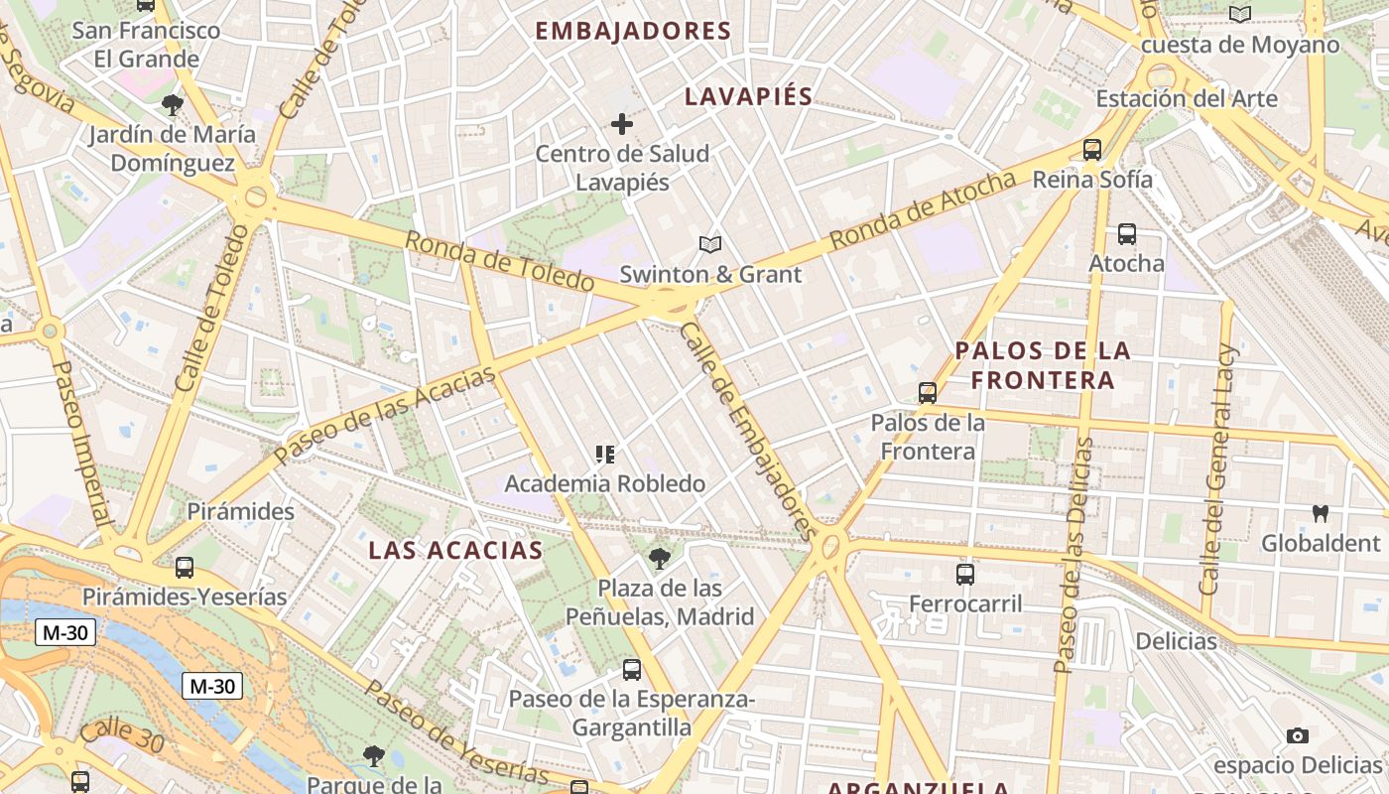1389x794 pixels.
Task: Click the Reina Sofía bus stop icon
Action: [x=1092, y=150]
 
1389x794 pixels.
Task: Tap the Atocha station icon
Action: [x=1127, y=234]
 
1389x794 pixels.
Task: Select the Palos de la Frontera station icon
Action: [x=928, y=392]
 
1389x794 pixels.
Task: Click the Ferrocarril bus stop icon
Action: [x=965, y=574]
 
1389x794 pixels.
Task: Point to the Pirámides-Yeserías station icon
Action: [x=185, y=568]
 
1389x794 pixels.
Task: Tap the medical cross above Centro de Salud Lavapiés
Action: [x=622, y=124]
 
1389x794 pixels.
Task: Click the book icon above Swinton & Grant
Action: [x=709, y=244]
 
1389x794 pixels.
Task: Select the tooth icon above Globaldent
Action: [x=1320, y=514]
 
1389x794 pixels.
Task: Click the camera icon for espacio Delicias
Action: [x=1297, y=735]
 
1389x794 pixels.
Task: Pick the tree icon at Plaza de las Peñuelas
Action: [x=659, y=559]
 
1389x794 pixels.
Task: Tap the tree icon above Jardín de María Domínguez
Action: [x=173, y=104]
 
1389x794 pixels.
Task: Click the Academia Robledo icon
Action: [x=604, y=455]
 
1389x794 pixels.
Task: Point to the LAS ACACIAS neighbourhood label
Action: [x=456, y=551]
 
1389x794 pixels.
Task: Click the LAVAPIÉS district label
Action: [x=749, y=97]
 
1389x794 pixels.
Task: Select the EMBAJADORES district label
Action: [x=633, y=31]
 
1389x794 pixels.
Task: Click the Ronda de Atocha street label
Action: [x=923, y=210]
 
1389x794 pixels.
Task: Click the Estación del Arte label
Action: [x=1187, y=99]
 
